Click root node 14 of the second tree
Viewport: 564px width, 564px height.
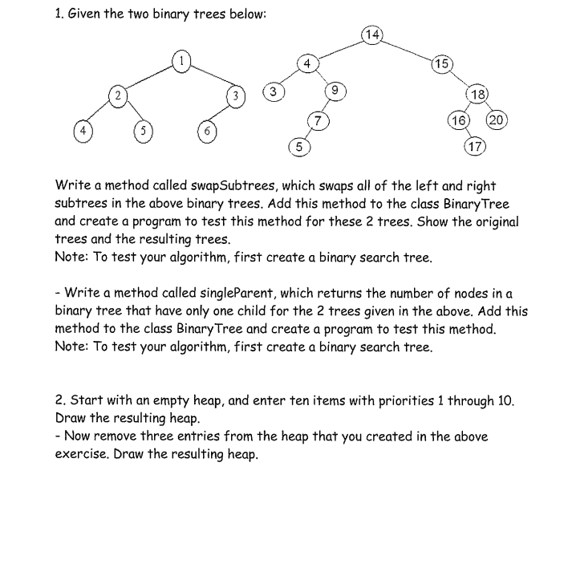372,34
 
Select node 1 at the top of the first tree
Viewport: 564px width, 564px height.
182,61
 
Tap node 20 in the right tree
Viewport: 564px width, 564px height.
497,120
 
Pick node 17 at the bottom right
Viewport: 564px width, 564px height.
475,146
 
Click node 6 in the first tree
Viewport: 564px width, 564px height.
207,130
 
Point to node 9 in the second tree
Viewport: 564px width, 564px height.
338,91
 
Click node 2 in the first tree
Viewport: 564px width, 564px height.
118,96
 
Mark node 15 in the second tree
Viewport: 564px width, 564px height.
442,64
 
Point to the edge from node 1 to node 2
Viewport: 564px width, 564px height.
150,79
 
